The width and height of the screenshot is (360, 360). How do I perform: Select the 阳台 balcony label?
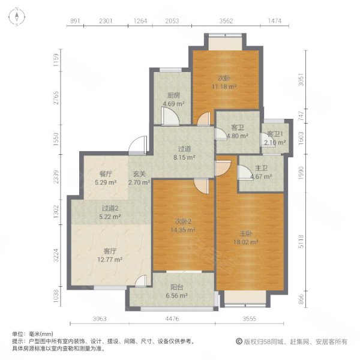click(176, 286)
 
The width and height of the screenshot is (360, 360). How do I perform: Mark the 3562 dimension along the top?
click(226, 21)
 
